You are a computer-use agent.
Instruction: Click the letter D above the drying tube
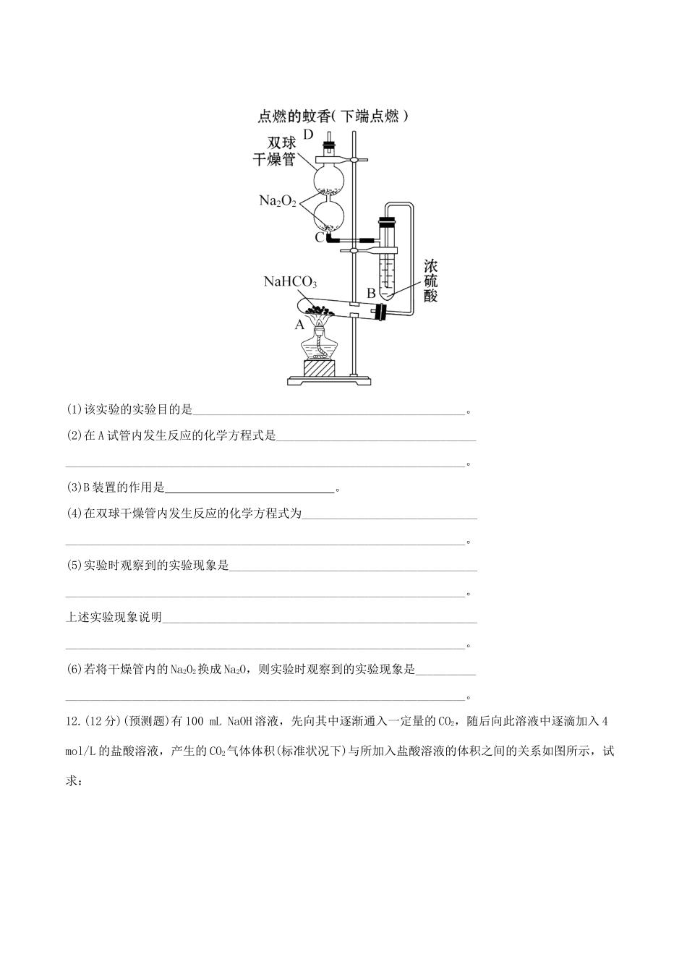(309, 135)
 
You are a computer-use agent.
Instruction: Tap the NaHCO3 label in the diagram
(290, 282)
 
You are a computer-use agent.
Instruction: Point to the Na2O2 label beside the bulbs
(278, 200)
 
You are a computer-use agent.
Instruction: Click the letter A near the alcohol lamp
(299, 325)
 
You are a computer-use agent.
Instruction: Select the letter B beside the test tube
(370, 293)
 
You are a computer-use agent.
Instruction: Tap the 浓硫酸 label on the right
(430, 281)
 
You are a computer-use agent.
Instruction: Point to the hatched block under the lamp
(319, 368)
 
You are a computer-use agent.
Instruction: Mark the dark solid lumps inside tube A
(323, 304)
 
